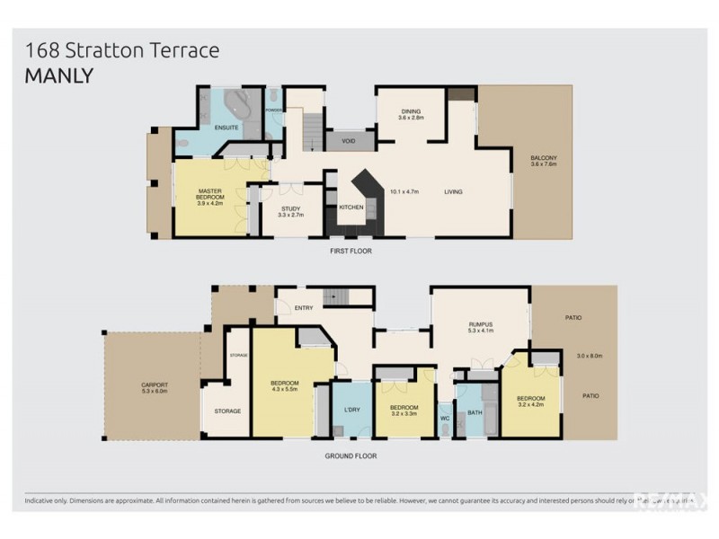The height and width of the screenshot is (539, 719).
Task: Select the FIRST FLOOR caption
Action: pos(351,251)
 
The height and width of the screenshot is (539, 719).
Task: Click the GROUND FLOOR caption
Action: pos(351,456)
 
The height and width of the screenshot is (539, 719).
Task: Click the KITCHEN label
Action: pos(351,208)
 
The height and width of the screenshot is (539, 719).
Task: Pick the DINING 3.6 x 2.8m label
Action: pos(411,114)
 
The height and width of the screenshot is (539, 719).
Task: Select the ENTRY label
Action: pos(304,308)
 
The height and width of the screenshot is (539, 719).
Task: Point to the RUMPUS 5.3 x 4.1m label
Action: pos(482,326)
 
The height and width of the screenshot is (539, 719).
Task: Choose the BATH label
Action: pos(474,412)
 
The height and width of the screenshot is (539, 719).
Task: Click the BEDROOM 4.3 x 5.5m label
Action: pos(284,387)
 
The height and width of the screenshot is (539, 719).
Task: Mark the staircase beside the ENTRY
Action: pos(336,297)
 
